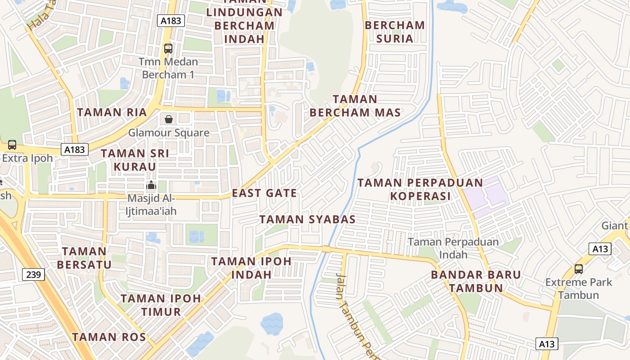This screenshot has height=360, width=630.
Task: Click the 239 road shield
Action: pos(33,274)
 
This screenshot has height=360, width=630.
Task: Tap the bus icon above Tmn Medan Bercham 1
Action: pos(168,48)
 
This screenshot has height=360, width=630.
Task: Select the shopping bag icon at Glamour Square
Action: pos(168,119)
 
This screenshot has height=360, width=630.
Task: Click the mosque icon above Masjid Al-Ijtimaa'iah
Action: pos(151,185)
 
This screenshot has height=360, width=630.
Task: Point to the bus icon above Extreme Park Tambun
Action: pos(579,269)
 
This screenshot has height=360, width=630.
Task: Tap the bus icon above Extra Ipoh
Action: pos(12,145)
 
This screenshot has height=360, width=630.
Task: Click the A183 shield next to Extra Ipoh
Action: pos(74,149)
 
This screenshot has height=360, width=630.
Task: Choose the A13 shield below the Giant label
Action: pos(600,249)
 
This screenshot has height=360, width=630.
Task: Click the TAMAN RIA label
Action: pos(112,112)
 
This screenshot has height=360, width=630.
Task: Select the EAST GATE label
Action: pos(264,193)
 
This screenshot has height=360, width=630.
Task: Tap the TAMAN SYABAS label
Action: pos(307,220)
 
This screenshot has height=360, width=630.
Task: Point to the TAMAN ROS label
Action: pos(109,337)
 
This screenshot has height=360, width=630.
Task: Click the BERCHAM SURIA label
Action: pos(395,32)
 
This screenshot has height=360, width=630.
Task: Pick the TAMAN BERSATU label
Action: pos(84,258)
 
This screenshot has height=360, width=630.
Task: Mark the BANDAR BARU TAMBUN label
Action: pos(476,281)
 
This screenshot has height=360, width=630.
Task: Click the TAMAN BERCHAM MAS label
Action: pos(355,106)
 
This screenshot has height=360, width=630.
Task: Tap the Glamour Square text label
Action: pos(169,133)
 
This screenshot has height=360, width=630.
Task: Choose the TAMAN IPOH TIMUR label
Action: pos(161,305)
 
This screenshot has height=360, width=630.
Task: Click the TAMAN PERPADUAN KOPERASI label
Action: pos(420,189)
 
